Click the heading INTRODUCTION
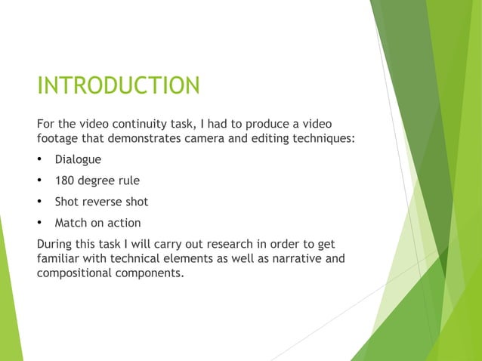[118, 86]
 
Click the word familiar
[59, 259]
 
